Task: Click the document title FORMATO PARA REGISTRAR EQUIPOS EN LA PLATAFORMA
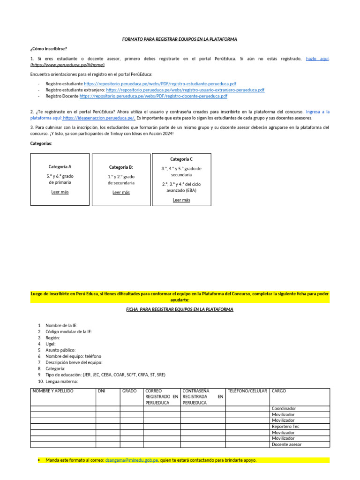coord(180,39)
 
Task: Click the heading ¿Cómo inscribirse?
coord(48,49)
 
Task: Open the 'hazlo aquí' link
coord(317,59)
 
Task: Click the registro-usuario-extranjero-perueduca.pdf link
coord(185,90)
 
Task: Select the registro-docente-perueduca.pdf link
coord(153,96)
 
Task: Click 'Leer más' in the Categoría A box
coord(60,192)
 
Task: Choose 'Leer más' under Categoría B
coord(121,192)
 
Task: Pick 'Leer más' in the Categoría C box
coord(181,200)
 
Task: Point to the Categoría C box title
coord(181,159)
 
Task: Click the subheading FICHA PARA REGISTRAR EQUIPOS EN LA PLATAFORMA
coord(180,310)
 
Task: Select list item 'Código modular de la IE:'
coord(68,332)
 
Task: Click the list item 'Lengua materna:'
coord(61,381)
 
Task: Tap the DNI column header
coord(101,391)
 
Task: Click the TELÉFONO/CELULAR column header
coord(247,391)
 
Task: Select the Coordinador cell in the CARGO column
coord(284,409)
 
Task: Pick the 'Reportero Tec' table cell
coord(285,427)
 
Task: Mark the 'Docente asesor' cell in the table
coord(287,444)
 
